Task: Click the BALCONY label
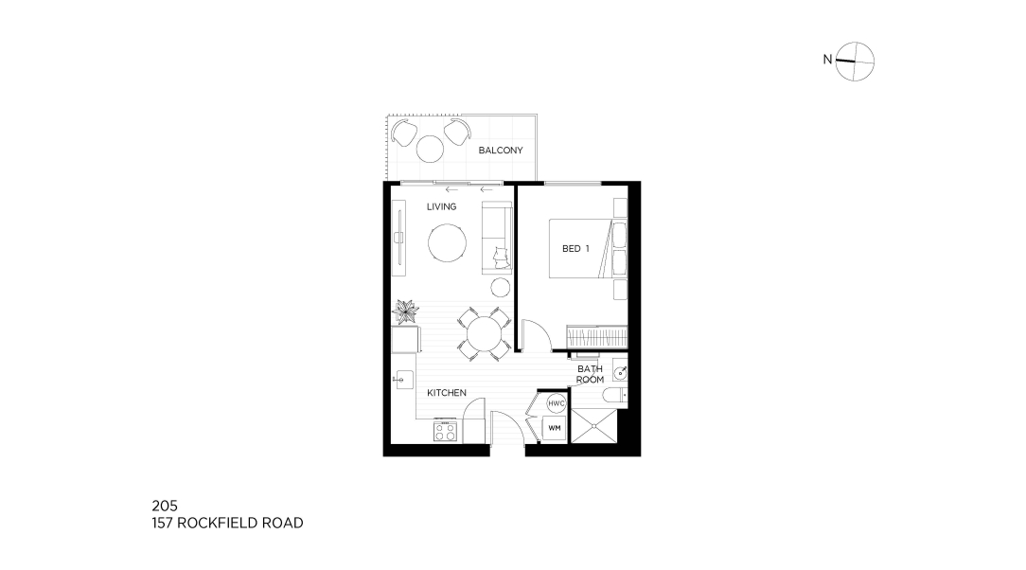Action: click(x=501, y=151)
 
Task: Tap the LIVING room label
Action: click(x=442, y=206)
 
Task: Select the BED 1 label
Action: click(x=575, y=249)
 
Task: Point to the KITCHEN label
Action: click(x=447, y=393)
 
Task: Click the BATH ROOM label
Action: click(x=591, y=374)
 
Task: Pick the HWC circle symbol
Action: click(x=557, y=403)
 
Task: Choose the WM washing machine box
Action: click(x=555, y=429)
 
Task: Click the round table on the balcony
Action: click(x=431, y=149)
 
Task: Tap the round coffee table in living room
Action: click(x=448, y=243)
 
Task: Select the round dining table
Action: click(x=485, y=334)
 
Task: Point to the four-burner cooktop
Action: click(x=445, y=431)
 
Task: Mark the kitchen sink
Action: click(x=403, y=379)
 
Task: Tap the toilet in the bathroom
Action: click(x=615, y=395)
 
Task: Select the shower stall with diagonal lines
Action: click(x=593, y=426)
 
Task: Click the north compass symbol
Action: click(x=855, y=62)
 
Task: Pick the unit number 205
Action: click(x=165, y=506)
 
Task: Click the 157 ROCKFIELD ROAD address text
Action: click(x=228, y=523)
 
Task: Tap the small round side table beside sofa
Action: click(x=501, y=287)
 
